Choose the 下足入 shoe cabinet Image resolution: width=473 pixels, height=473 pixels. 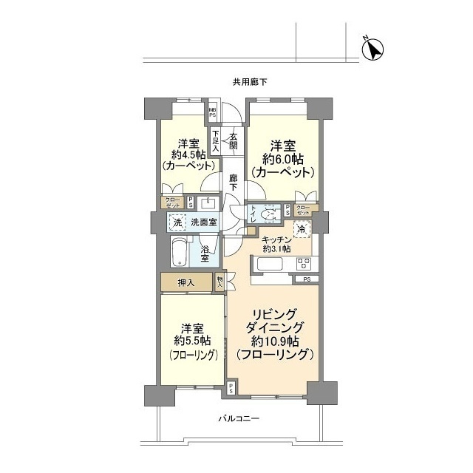[x=215, y=140]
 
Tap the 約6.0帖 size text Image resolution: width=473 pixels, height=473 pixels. [x=283, y=158]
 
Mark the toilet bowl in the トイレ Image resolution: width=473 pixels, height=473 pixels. [x=270, y=214]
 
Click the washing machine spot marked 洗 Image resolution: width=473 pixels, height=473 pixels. [x=177, y=222]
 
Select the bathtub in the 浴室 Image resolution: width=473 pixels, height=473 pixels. [x=180, y=251]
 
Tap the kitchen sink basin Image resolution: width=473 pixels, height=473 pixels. [x=264, y=264]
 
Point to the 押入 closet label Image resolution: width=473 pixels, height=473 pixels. [x=186, y=282]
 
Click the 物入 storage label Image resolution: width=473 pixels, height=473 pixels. [x=220, y=281]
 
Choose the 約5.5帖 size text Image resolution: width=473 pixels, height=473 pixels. [x=190, y=341]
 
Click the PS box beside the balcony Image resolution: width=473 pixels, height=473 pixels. [x=231, y=388]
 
